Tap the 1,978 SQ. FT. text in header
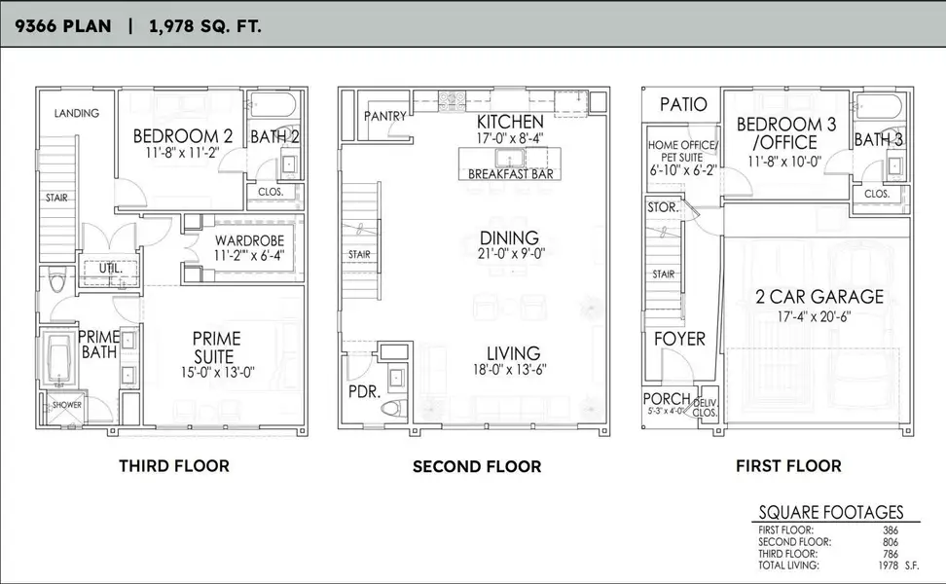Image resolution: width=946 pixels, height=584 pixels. click(204, 25)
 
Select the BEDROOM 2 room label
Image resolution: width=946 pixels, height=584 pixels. click(182, 135)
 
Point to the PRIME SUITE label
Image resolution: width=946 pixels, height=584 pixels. click(215, 347)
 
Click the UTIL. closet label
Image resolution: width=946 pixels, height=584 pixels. click(108, 268)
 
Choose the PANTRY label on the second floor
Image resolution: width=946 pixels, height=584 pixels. click(384, 116)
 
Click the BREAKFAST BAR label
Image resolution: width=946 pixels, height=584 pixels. click(504, 174)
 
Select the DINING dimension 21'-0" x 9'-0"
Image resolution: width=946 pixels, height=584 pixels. click(509, 255)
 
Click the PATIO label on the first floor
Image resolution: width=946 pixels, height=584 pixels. click(683, 104)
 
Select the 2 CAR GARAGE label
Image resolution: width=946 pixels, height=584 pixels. click(819, 297)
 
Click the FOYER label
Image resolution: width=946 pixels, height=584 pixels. click(679, 339)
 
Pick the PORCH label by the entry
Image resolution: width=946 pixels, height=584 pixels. click(667, 399)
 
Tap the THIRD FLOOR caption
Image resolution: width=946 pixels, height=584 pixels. click(174, 465)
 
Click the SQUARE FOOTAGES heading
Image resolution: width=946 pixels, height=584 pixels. click(831, 512)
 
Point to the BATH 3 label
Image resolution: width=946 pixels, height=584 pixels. click(878, 139)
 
